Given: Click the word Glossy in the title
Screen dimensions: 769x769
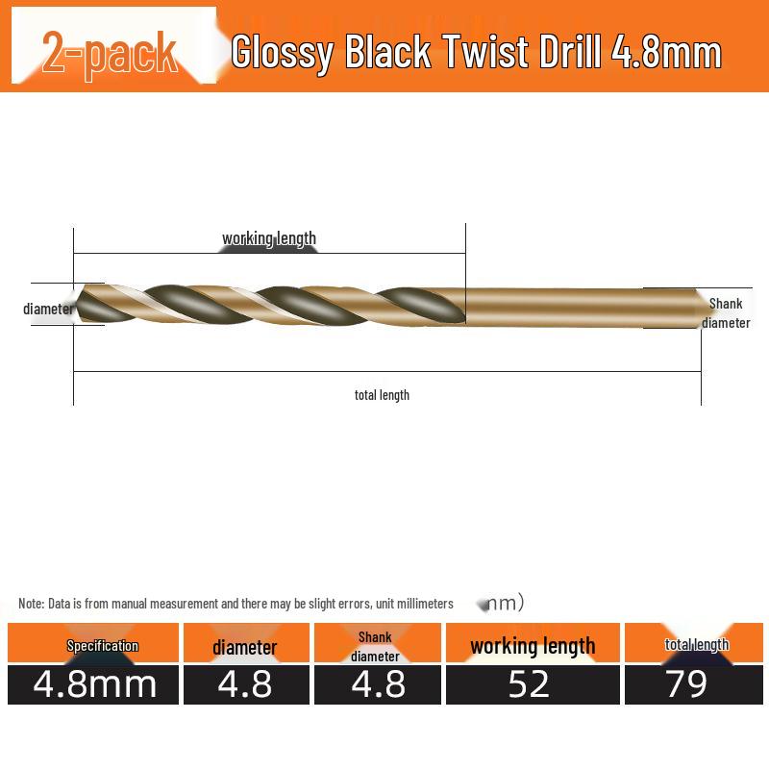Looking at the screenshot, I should [x=282, y=54].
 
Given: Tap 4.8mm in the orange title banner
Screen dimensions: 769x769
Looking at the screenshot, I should [x=666, y=53].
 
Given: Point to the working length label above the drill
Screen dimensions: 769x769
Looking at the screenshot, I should [x=269, y=238].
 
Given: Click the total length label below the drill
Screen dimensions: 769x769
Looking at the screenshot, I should [x=382, y=394].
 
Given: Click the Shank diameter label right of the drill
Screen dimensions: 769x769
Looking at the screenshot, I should [x=726, y=313].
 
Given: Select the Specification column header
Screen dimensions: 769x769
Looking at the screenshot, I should [x=102, y=646].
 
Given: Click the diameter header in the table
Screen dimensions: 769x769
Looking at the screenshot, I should [x=245, y=647].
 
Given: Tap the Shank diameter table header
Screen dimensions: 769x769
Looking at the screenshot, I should [x=375, y=646].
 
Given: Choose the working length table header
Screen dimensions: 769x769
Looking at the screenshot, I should [x=533, y=646].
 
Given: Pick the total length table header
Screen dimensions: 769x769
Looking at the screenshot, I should [x=697, y=644].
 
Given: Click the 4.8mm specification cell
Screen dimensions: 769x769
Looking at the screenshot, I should [x=94, y=684].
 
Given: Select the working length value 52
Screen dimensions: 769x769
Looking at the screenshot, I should [x=529, y=684].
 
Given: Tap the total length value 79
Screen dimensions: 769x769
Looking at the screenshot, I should [x=685, y=684].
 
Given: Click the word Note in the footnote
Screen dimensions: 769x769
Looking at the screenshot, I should [x=31, y=604].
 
